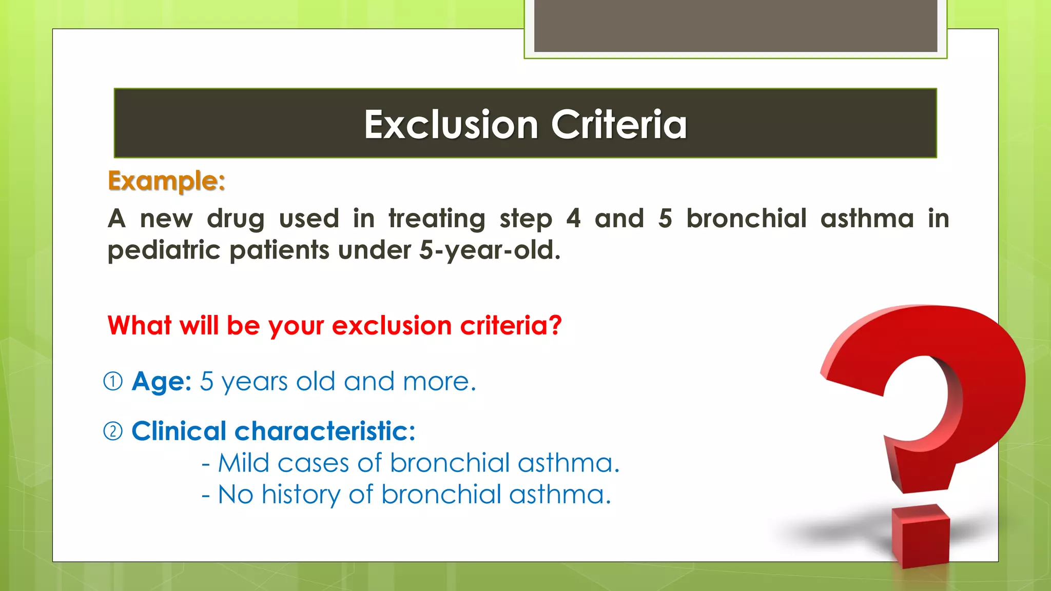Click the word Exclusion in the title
pyautogui.click(x=451, y=125)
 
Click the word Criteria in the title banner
pyautogui.click(x=619, y=125)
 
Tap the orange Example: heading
pyautogui.click(x=166, y=181)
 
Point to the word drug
pyautogui.click(x=236, y=219)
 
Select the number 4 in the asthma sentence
pyautogui.click(x=573, y=219)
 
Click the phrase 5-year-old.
pyautogui.click(x=490, y=251)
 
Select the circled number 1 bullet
pyautogui.click(x=113, y=382)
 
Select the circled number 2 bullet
pyautogui.click(x=113, y=431)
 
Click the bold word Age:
pyautogui.click(x=162, y=382)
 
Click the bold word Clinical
pyautogui.click(x=179, y=431)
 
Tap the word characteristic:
pyautogui.click(x=325, y=431)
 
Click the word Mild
pyautogui.click(x=243, y=463)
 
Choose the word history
pyautogui.click(x=301, y=495)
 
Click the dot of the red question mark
pyautogui.click(x=921, y=536)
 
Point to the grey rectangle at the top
pyautogui.click(x=735, y=26)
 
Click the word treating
pyautogui.click(x=437, y=219)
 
